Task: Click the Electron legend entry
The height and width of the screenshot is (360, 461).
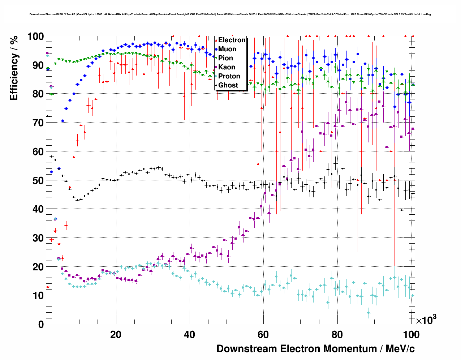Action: tap(232, 40)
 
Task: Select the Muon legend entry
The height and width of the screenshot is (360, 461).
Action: tap(227, 49)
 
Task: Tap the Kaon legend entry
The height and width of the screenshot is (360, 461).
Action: tap(227, 67)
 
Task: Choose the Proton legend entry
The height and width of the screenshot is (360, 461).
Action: tap(229, 76)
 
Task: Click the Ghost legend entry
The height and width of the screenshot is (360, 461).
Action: tap(228, 85)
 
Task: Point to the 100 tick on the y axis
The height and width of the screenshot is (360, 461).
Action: tap(36, 37)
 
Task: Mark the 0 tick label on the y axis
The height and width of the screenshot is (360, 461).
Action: tap(41, 324)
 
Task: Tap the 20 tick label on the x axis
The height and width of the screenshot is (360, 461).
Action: tap(116, 335)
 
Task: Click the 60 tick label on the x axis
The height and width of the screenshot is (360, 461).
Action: tap(263, 335)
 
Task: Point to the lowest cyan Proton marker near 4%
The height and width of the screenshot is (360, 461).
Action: tap(369, 313)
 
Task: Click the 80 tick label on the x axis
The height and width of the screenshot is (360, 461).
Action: tap(337, 335)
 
